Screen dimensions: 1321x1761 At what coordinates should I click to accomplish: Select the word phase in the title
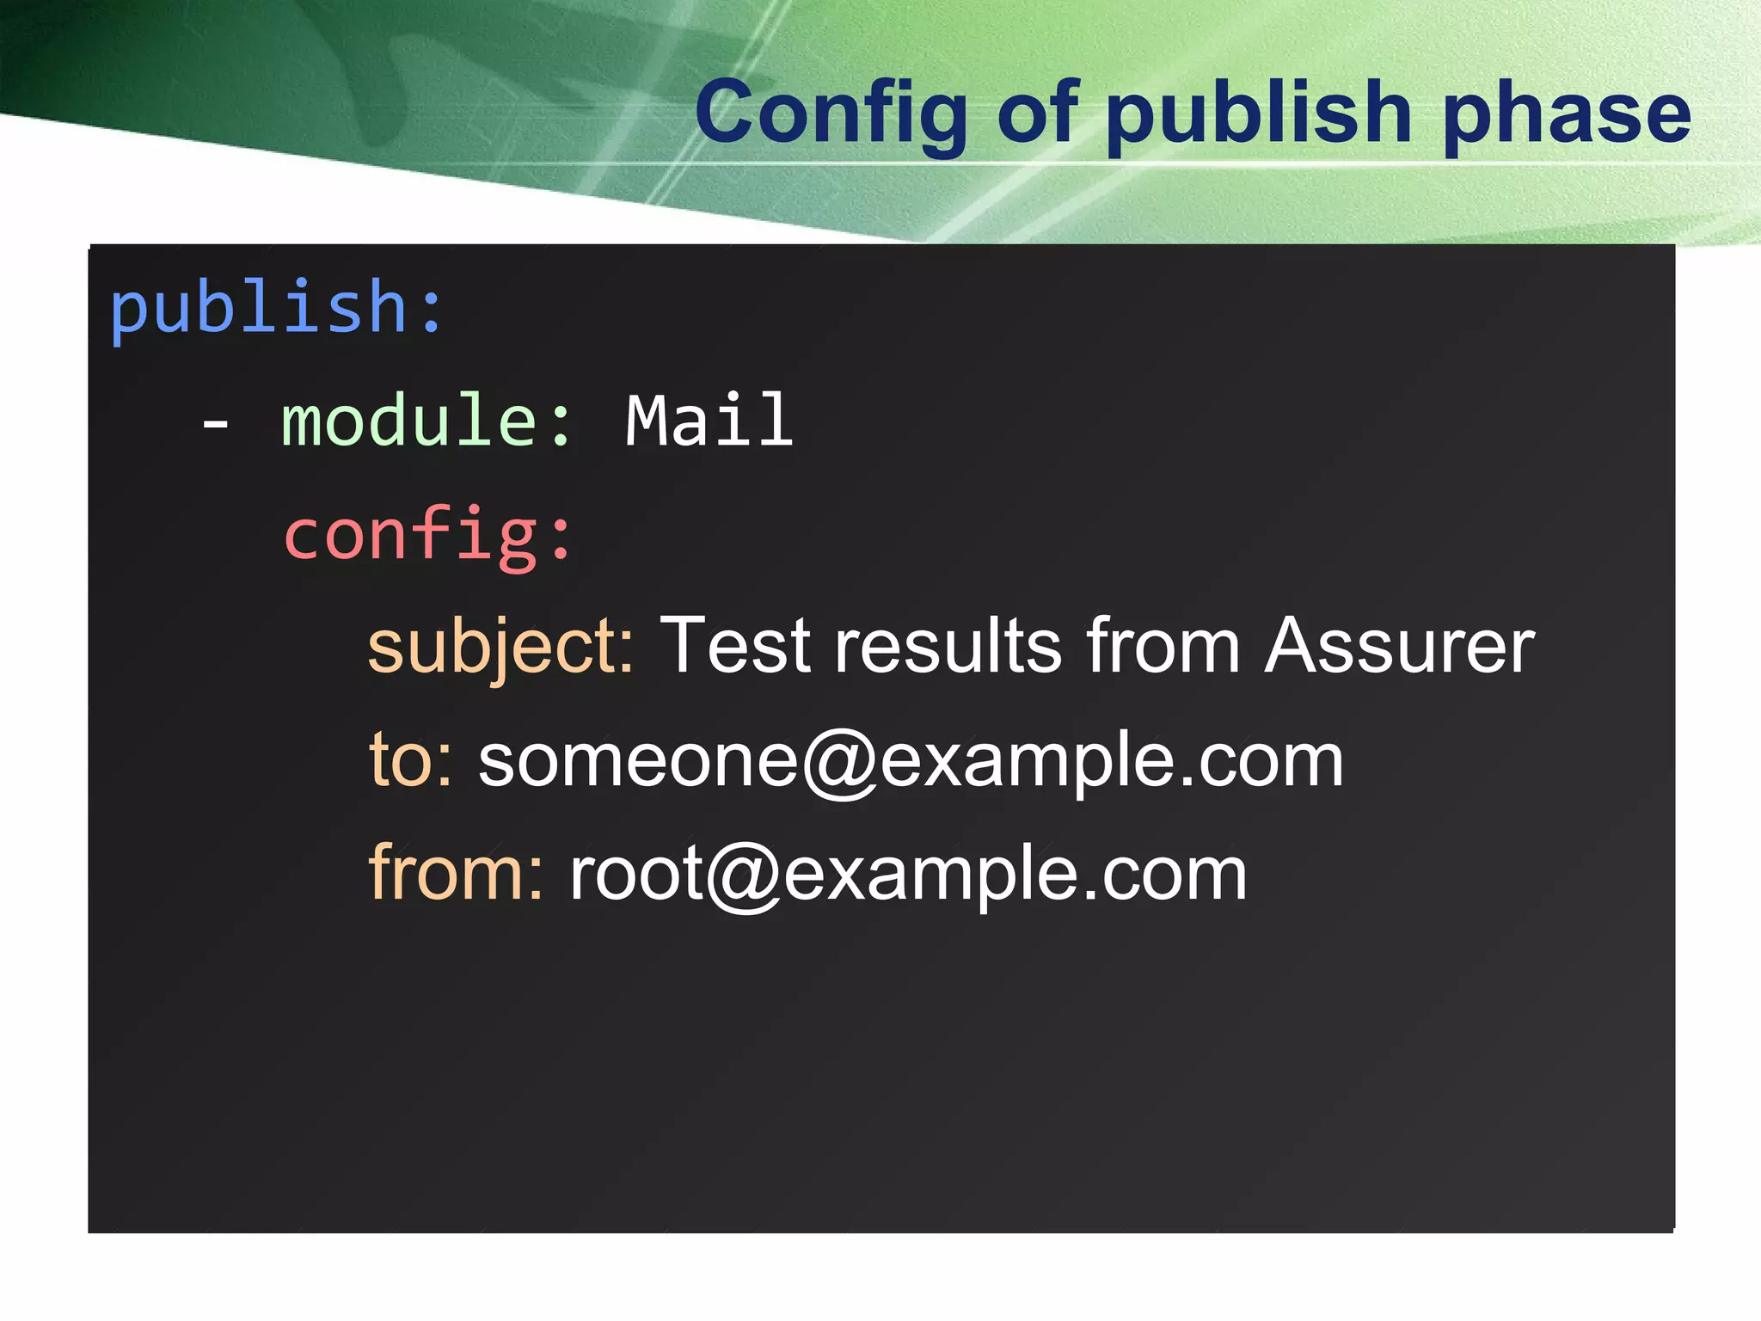(x=1567, y=114)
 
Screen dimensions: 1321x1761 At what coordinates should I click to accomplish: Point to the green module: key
(x=426, y=421)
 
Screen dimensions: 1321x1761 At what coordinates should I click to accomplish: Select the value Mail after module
(x=709, y=421)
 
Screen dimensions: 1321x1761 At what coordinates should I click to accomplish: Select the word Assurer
(x=1399, y=647)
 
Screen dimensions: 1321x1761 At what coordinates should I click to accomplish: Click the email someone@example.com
(x=911, y=762)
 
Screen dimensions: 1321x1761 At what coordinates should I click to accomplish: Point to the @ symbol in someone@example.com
(x=840, y=764)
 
